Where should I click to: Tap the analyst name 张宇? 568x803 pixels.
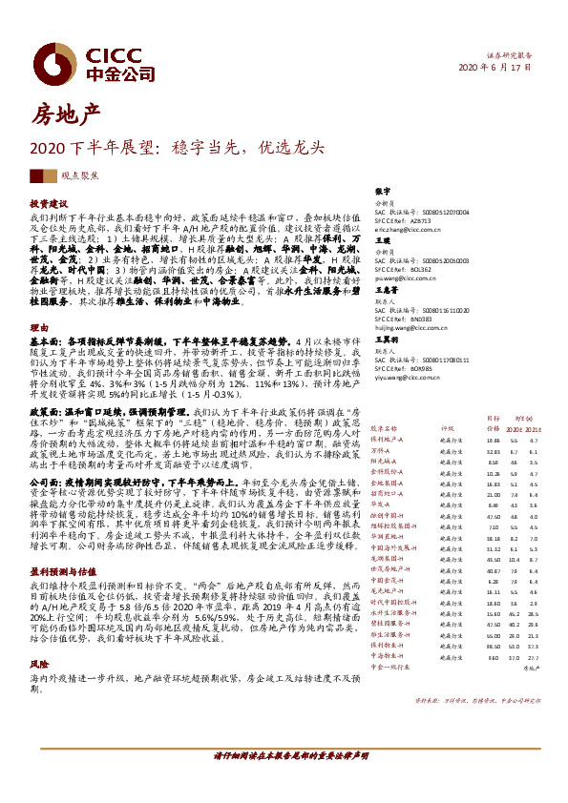coord(383,191)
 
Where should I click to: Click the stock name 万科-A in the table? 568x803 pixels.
coord(383,449)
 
